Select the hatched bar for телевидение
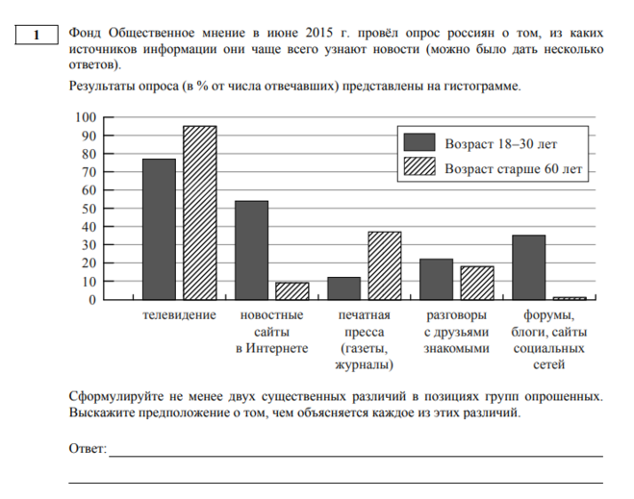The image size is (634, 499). tap(199, 212)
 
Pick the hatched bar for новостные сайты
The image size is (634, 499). tap(292, 290)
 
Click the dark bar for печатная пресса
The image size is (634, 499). tap(343, 288)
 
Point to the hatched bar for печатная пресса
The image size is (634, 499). tap(384, 265)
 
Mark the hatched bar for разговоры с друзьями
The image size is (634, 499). tap(476, 283)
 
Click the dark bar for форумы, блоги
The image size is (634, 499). tap(528, 267)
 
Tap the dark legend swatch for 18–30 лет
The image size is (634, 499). tap(419, 143)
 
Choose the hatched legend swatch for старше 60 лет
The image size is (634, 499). tap(419, 168)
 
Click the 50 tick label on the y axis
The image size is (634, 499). tap(88, 209)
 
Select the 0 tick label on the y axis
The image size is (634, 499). tap(91, 300)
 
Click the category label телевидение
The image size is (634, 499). tap(179, 315)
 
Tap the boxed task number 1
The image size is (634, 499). tap(34, 36)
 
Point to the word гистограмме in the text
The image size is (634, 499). tap(482, 86)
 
